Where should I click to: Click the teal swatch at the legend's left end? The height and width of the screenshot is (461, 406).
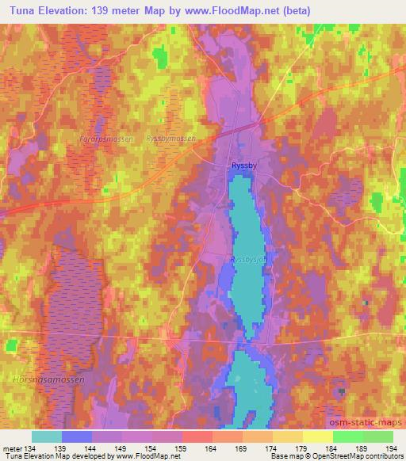(x=47, y=436)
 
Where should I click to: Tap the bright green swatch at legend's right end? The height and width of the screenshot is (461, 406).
(x=377, y=436)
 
